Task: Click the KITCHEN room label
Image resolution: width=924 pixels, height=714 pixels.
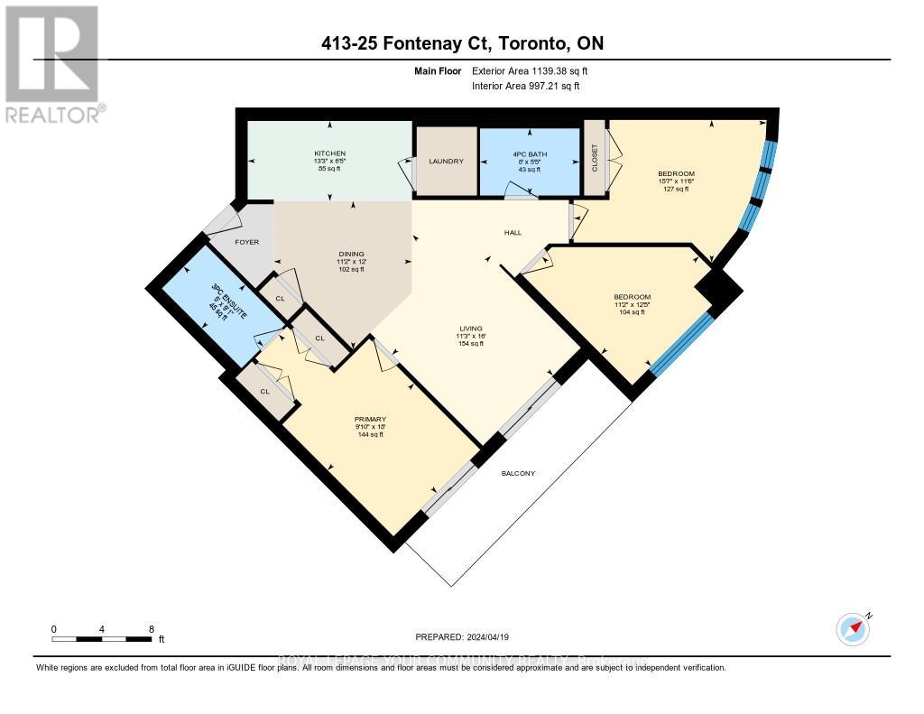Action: (x=329, y=153)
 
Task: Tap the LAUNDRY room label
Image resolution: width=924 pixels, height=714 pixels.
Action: (x=446, y=162)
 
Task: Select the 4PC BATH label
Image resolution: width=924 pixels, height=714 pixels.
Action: (x=528, y=153)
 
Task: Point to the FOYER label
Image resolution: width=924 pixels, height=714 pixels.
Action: (x=247, y=242)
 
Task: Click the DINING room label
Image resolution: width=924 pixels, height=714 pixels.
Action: (x=351, y=255)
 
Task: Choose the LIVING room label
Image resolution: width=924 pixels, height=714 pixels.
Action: (x=469, y=328)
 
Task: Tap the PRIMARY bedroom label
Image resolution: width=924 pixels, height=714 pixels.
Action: (x=370, y=420)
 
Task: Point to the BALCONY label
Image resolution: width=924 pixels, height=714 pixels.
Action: (x=518, y=473)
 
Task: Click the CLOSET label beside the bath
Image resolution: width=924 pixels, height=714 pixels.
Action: (x=595, y=159)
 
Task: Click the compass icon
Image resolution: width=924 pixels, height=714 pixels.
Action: (x=853, y=628)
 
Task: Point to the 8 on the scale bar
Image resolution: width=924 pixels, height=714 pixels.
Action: (x=151, y=629)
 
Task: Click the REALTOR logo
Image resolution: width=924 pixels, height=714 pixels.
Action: (x=53, y=63)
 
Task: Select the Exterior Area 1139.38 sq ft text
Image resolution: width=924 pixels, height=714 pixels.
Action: (x=531, y=70)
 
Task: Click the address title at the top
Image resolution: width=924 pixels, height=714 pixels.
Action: (x=461, y=43)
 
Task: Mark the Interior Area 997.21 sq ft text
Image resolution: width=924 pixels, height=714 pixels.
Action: (x=525, y=86)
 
